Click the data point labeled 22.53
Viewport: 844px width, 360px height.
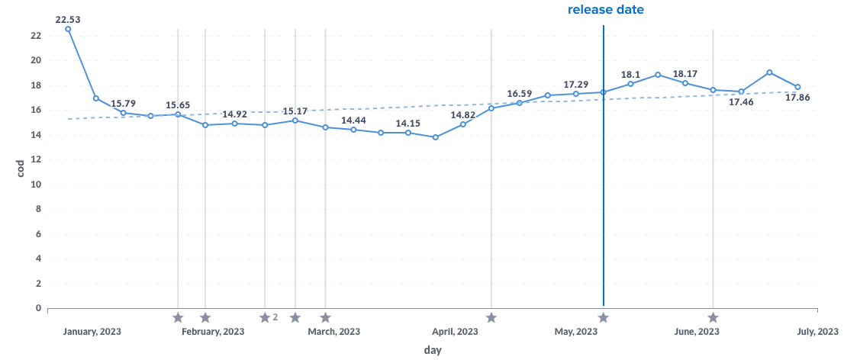click(68, 29)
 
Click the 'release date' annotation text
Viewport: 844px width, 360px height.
click(605, 10)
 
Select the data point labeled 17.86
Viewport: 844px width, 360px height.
click(797, 87)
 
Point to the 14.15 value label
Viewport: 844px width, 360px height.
click(408, 124)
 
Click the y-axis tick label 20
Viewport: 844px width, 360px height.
click(36, 60)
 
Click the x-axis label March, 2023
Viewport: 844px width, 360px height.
click(334, 332)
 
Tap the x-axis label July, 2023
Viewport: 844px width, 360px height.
click(817, 332)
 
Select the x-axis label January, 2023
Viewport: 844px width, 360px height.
click(92, 332)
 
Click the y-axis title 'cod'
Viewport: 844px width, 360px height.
click(21, 168)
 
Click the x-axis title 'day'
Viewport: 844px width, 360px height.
click(432, 350)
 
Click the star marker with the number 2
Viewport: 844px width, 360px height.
click(265, 317)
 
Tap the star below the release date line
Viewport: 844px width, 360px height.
click(603, 317)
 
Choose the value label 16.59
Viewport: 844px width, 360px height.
click(519, 94)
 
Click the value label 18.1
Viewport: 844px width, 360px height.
click(630, 74)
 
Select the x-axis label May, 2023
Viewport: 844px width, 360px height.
click(575, 332)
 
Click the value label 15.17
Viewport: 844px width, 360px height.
click(295, 111)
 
